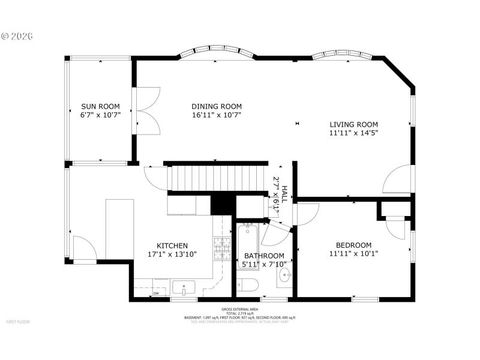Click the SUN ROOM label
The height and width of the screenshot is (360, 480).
click(100, 107)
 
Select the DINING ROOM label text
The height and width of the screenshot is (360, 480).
click(217, 107)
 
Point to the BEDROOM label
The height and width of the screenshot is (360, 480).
click(353, 245)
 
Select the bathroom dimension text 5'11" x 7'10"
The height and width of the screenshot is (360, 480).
click(264, 264)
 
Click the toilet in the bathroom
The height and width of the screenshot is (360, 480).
click(247, 284)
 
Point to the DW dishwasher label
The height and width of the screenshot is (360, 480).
click(156, 293)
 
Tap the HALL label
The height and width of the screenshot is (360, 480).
click(285, 192)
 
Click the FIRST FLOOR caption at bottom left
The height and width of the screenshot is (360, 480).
click(18, 322)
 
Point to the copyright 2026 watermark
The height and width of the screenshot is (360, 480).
click(17, 36)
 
